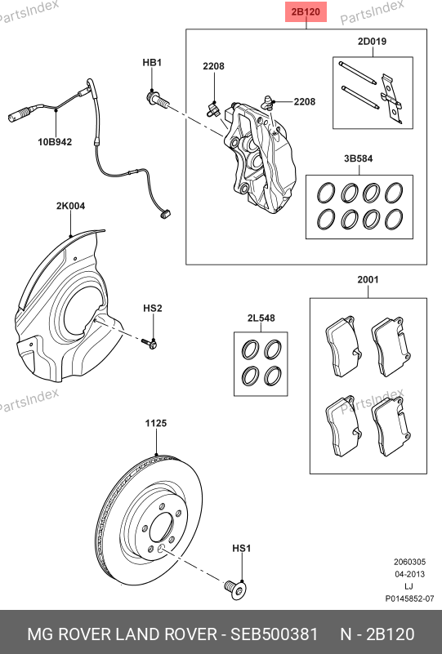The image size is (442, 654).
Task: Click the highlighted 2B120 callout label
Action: click(x=306, y=11)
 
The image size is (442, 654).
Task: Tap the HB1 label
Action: click(x=152, y=63)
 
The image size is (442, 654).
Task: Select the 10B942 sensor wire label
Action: click(x=55, y=142)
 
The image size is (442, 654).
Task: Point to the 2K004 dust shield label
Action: click(x=70, y=206)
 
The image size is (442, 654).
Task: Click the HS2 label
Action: click(x=152, y=309)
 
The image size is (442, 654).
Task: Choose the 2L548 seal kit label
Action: click(x=261, y=318)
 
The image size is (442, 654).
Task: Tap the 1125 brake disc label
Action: click(x=156, y=424)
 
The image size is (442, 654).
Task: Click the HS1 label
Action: click(x=241, y=548)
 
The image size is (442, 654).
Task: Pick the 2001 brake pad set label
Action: click(x=368, y=280)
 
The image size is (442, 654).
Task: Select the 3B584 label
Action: click(x=359, y=158)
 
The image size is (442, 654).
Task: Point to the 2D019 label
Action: click(x=372, y=42)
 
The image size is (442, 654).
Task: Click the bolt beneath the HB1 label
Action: click(x=158, y=100)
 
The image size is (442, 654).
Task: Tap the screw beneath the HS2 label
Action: click(x=150, y=343)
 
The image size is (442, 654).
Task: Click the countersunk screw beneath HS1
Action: click(x=235, y=589)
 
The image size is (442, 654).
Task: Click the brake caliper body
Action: click(x=260, y=158)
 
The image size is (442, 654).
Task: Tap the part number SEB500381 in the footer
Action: click(x=275, y=634)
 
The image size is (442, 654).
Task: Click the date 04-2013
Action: click(x=410, y=574)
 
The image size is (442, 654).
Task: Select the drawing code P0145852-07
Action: click(x=409, y=598)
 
